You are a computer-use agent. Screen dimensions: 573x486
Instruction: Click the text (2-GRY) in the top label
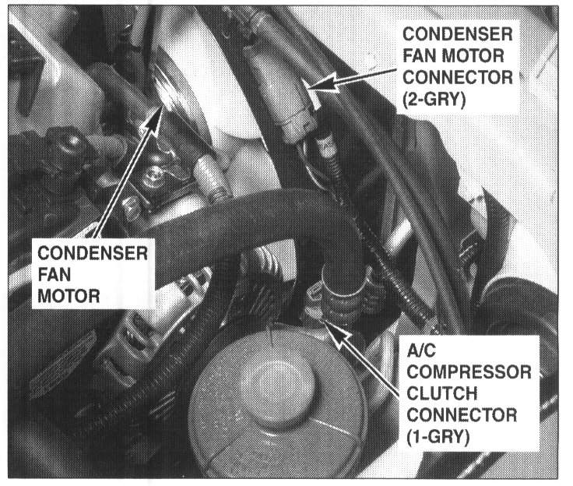click(x=434, y=99)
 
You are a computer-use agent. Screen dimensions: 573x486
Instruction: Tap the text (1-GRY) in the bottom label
click(x=438, y=437)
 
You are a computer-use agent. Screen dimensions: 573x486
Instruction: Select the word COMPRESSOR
click(x=469, y=372)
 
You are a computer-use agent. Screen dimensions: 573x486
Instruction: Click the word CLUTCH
click(x=441, y=394)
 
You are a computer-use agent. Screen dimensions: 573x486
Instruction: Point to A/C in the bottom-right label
click(x=421, y=350)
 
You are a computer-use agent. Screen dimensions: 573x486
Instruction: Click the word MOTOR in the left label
click(x=69, y=296)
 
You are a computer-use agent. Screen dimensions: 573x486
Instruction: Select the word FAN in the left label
click(x=54, y=275)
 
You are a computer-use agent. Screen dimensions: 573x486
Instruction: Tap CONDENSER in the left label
click(x=93, y=253)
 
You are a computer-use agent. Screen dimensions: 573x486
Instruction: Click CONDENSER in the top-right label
click(x=458, y=34)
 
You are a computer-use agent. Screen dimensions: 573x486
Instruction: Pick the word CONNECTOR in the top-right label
click(x=458, y=77)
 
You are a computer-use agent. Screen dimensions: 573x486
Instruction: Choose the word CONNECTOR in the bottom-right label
click(x=462, y=415)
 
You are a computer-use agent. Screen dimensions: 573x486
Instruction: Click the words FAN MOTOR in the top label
click(x=453, y=55)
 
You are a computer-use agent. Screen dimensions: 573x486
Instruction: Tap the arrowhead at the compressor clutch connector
click(x=336, y=333)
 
